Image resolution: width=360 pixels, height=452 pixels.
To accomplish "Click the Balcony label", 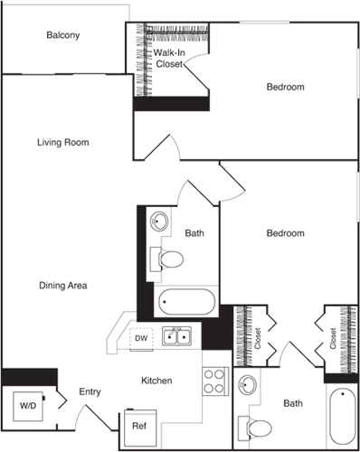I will [63, 36].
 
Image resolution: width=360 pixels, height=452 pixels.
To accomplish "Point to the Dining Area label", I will [62, 286].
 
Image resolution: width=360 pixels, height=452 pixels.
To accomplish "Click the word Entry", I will [90, 391].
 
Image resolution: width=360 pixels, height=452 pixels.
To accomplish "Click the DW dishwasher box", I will [140, 338].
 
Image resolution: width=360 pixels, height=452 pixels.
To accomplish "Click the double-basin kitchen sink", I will [175, 337].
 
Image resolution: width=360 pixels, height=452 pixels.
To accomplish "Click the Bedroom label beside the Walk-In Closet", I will [284, 88].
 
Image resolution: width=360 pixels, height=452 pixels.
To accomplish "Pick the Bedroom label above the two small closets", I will [284, 233].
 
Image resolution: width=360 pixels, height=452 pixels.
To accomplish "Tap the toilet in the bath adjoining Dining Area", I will [169, 259].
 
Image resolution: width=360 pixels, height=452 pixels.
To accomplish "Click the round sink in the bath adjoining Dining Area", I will [160, 221].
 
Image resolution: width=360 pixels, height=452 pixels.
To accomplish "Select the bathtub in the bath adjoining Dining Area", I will [187, 301].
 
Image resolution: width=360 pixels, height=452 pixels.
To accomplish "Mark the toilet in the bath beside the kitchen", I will [258, 425].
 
